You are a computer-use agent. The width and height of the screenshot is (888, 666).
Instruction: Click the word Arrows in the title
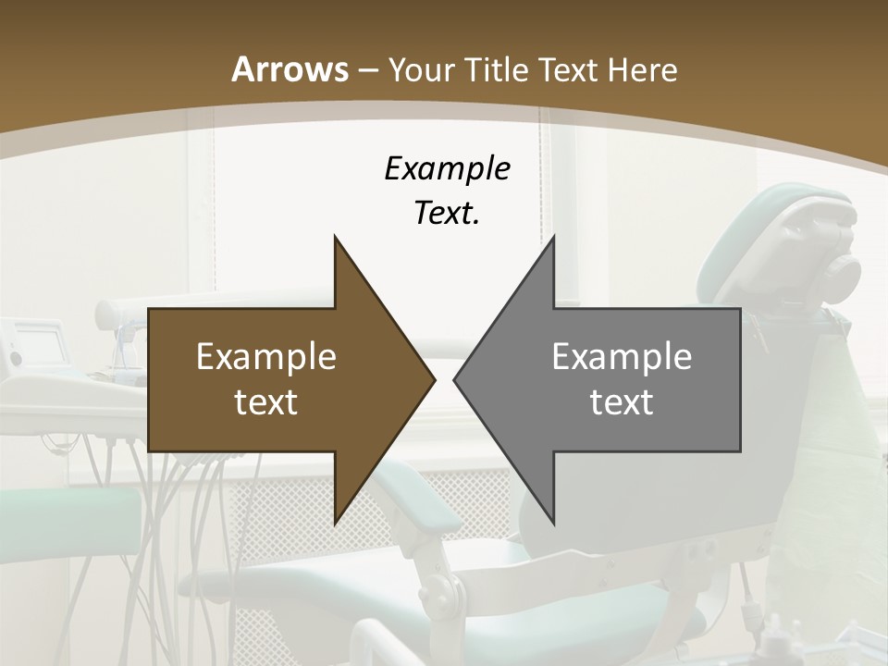point(290,69)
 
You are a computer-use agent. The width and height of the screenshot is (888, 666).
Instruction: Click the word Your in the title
point(421,69)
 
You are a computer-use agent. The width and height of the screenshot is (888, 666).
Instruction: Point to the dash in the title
point(367,70)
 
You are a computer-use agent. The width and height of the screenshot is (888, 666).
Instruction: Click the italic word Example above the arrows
point(447,168)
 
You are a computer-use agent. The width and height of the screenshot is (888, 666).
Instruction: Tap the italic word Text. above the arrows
point(447,213)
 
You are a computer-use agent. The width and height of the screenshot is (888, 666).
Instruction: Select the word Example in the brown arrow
point(266,357)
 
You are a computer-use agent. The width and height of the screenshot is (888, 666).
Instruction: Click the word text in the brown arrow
point(266,401)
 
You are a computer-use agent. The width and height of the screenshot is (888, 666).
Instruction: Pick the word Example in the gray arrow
point(622,357)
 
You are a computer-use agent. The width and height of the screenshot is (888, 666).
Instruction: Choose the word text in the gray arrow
point(622,401)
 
